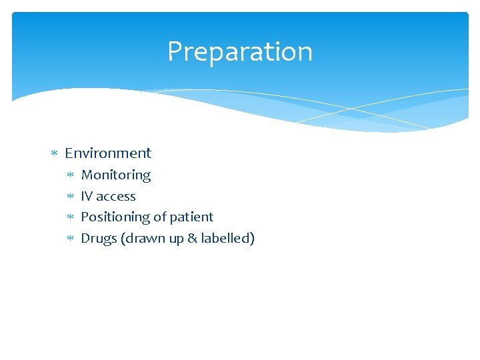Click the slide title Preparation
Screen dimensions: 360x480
tap(239, 51)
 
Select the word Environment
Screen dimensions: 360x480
tap(108, 153)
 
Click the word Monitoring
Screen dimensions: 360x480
tap(116, 175)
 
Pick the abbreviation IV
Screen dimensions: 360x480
tap(87, 196)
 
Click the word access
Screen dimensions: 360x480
tap(116, 196)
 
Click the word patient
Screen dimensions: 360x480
tap(192, 217)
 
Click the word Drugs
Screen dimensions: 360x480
tap(99, 238)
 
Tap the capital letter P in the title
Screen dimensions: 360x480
tap(175, 51)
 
